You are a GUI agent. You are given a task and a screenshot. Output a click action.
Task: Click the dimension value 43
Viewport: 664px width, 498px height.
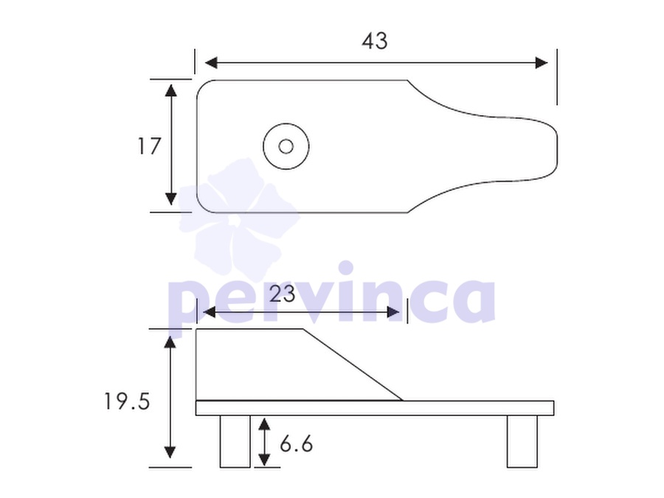click(375, 41)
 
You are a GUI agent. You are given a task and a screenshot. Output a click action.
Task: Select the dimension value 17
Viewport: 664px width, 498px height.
click(149, 146)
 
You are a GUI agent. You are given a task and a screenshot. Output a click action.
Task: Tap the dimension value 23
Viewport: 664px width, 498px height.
click(282, 294)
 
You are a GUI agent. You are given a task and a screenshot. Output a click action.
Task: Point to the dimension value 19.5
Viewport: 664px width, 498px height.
click(127, 401)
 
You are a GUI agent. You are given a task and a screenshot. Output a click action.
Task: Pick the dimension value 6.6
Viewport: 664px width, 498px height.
click(296, 444)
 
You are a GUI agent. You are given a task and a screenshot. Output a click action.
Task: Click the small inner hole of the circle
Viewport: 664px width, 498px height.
click(286, 147)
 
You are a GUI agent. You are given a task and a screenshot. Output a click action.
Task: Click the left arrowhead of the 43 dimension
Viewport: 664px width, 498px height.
click(211, 63)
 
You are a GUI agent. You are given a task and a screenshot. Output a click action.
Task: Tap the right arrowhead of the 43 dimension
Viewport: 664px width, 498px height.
click(542, 63)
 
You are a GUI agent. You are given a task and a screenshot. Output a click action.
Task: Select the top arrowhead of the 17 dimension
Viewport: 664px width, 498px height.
click(170, 90)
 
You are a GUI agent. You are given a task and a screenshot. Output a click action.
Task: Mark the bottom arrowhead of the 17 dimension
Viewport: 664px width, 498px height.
click(170, 199)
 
